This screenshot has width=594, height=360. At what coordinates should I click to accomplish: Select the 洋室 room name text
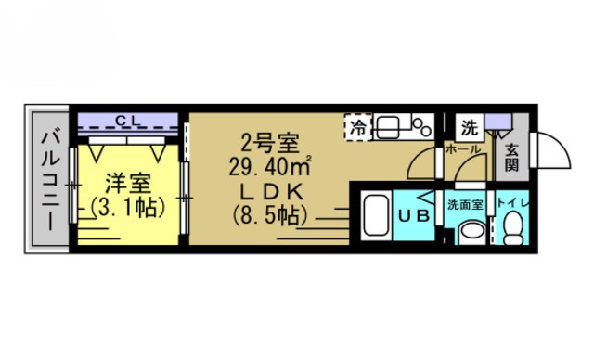(126, 183)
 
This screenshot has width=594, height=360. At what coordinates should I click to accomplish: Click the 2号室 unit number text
(269, 144)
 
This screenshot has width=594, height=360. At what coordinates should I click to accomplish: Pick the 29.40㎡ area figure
(269, 167)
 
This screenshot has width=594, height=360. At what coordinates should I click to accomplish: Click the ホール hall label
(462, 149)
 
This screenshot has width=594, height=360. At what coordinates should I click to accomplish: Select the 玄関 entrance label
(511, 157)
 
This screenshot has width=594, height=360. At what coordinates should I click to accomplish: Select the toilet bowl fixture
(511, 227)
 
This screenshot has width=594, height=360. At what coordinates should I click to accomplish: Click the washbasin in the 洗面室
(470, 229)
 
